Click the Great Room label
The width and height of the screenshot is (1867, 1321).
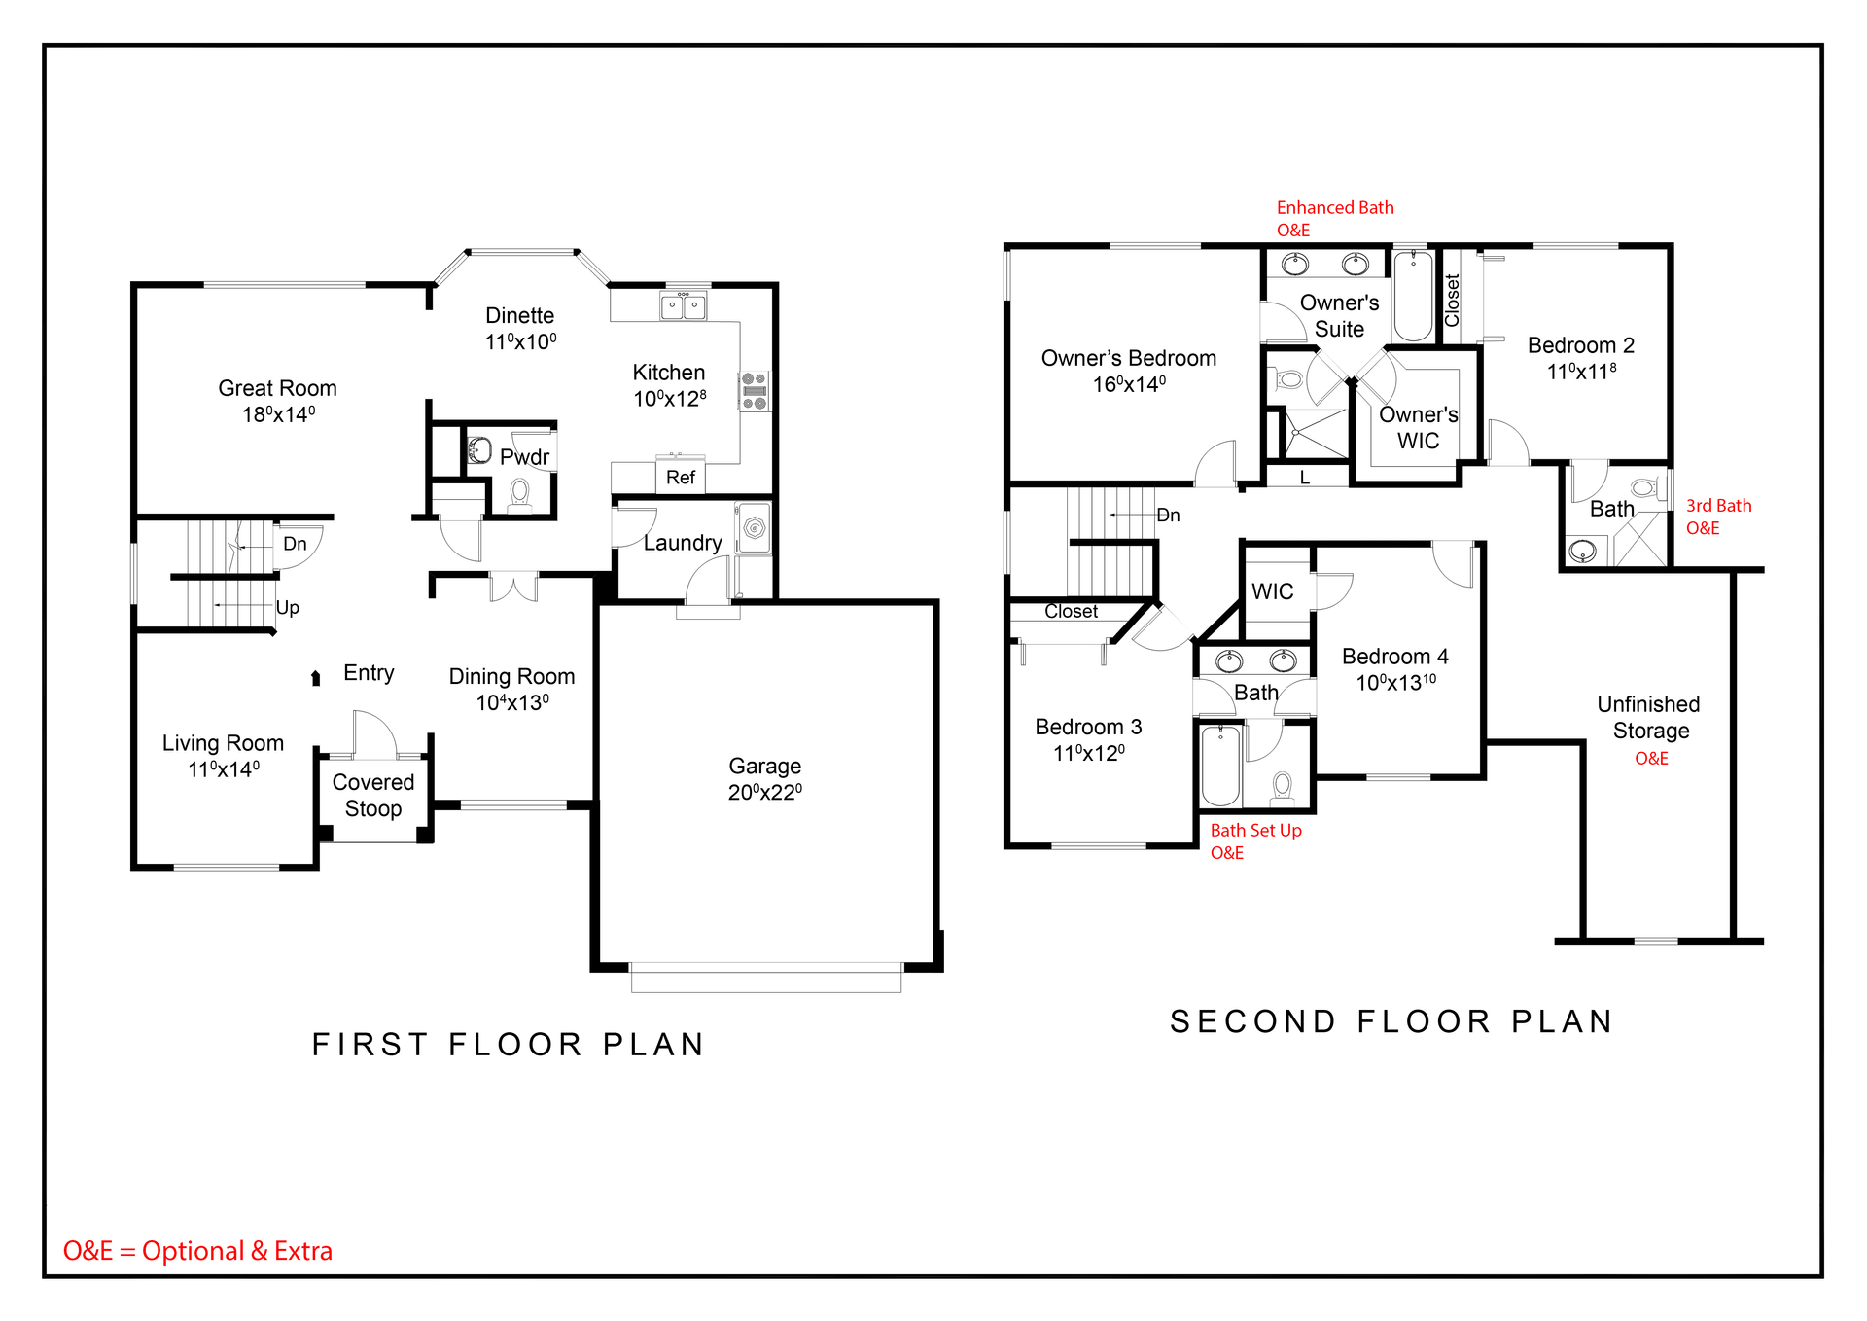tap(277, 388)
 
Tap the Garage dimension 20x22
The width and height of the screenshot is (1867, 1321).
tap(765, 792)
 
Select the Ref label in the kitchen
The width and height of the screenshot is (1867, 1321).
tap(681, 478)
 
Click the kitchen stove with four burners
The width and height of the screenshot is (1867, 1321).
tap(755, 391)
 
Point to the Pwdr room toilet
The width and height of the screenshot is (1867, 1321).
tap(520, 494)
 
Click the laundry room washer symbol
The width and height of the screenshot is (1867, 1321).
tap(754, 528)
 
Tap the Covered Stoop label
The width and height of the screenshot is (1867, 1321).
tap(373, 796)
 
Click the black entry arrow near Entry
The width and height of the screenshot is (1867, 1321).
tap(315, 678)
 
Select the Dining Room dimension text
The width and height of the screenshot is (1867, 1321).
tap(512, 702)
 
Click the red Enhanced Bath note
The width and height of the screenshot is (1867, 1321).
tap(1335, 219)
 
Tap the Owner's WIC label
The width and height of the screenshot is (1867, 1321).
tap(1419, 428)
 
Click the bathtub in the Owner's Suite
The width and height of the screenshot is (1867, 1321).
tap(1414, 295)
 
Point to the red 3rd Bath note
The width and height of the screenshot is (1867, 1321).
tap(1718, 517)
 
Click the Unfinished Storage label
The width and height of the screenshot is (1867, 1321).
tap(1649, 717)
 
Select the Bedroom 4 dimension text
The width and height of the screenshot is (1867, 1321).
tap(1396, 683)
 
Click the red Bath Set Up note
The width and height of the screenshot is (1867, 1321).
tap(1255, 841)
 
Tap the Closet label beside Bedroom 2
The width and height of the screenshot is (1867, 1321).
tap(1452, 301)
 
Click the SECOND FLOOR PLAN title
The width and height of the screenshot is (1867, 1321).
tap(1391, 1021)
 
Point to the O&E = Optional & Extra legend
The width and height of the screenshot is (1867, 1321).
tap(197, 1251)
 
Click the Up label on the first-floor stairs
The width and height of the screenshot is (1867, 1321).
tap(288, 608)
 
